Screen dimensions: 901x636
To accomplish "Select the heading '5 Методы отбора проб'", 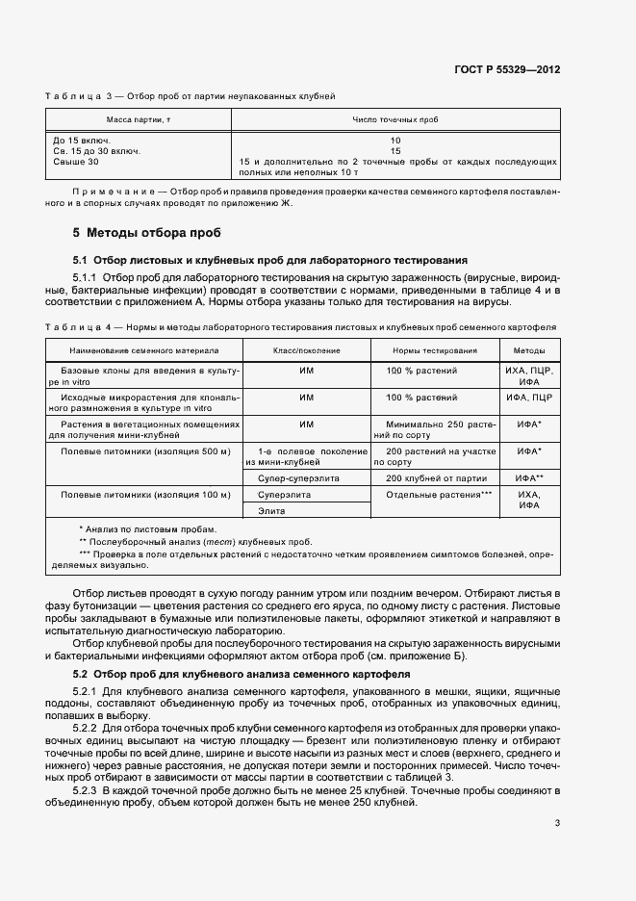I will [147, 233].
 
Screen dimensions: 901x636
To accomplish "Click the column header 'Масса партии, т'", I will [131, 119].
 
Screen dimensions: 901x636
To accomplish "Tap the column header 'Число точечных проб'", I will [395, 119].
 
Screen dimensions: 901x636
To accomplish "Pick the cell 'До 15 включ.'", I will [83, 141].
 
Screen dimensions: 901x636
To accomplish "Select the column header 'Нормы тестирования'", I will [432, 350].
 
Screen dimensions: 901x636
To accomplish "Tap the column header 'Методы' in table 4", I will [529, 350].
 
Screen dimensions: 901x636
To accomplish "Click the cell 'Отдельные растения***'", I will [439, 494].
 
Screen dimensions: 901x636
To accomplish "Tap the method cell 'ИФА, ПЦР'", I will [529, 397].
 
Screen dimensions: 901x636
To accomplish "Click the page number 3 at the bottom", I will [557, 823].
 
